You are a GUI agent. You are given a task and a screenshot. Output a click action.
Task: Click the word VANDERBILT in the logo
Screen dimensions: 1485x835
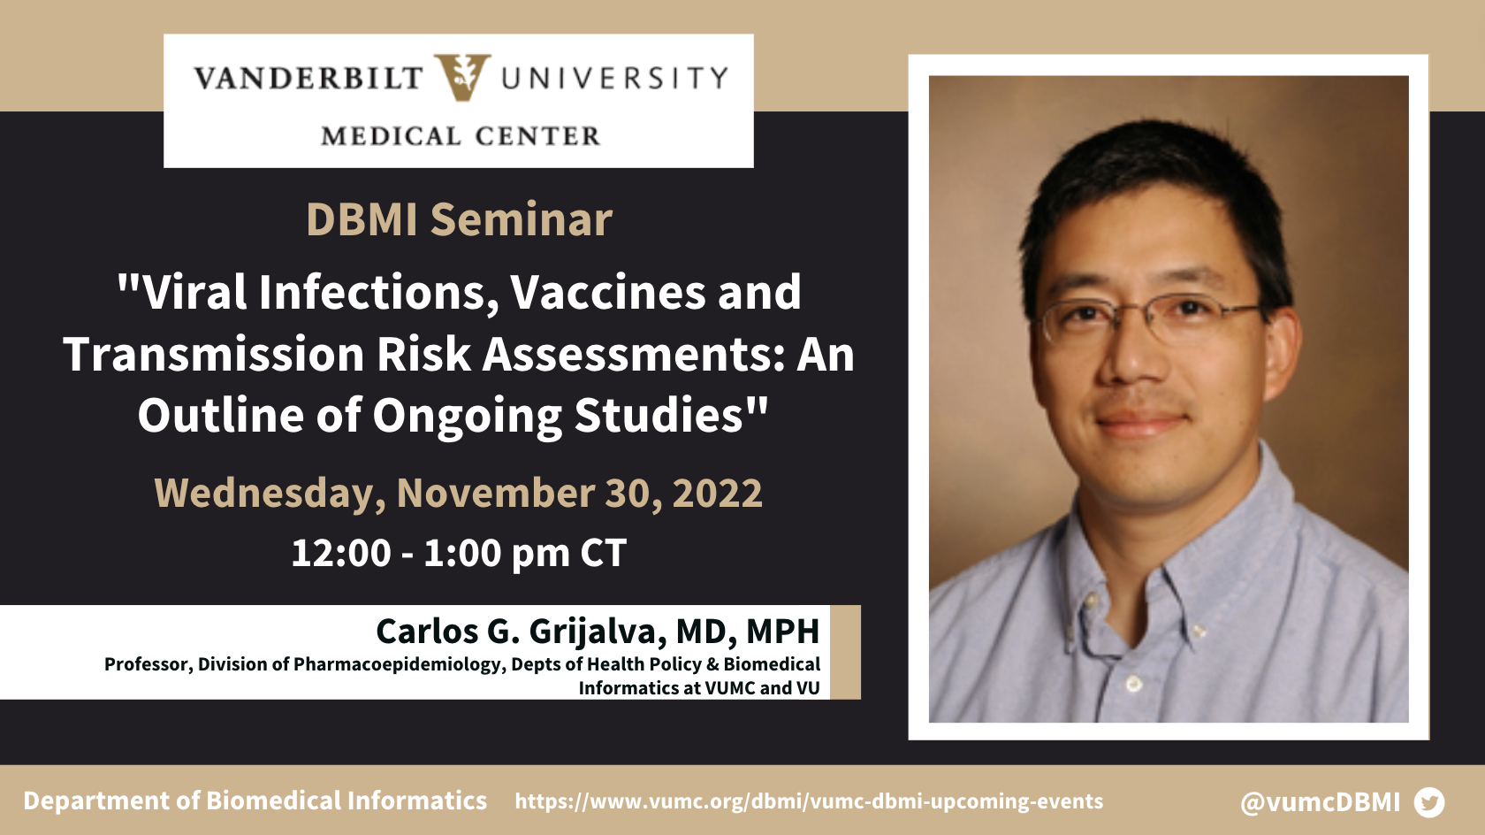[x=308, y=78]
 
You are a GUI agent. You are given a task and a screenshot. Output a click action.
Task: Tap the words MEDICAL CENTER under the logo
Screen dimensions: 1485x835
[x=461, y=136]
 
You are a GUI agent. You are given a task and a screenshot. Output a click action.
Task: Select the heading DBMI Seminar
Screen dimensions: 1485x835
[x=459, y=218]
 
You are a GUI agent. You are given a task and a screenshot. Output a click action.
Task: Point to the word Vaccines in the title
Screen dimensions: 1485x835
[x=608, y=293]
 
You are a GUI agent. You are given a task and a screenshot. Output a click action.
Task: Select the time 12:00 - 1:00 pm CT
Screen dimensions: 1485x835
[x=459, y=553]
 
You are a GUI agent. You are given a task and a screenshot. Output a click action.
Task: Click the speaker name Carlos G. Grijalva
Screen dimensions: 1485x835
[x=522, y=632]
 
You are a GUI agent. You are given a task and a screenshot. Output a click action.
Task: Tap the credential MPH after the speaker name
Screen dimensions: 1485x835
[x=783, y=631]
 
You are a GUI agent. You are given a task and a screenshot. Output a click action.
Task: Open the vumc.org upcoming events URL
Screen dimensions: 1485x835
[x=810, y=801]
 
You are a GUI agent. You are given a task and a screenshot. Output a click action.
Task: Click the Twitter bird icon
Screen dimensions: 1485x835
[x=1429, y=802]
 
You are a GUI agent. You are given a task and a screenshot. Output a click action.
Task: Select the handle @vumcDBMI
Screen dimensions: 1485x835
[x=1320, y=802]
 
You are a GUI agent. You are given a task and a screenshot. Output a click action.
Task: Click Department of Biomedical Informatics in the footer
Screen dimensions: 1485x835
[x=255, y=801]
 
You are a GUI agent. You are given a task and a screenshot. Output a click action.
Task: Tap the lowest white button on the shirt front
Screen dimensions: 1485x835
[x=1134, y=683]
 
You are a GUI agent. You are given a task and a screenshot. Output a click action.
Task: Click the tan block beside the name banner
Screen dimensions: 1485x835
[x=845, y=652]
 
